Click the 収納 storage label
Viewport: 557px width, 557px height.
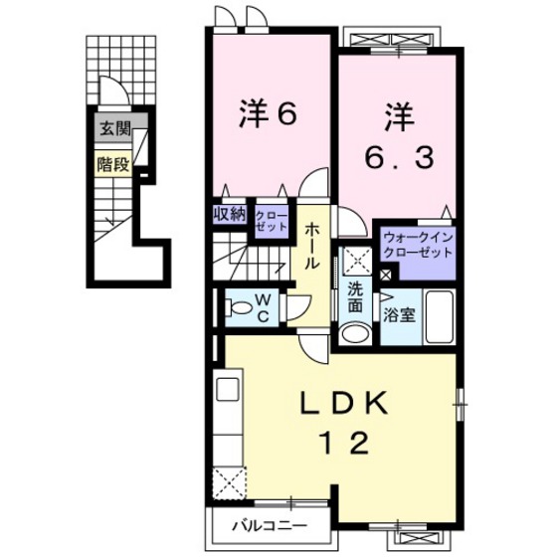tap(229, 214)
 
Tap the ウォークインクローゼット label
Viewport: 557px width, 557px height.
tap(417, 245)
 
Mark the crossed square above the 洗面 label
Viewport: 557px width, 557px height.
tap(356, 260)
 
